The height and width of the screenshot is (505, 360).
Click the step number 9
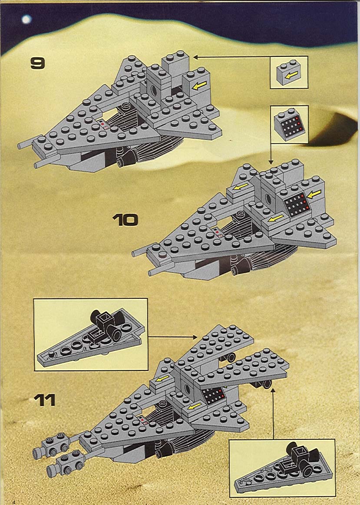coord(38,63)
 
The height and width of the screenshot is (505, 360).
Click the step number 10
coord(125,220)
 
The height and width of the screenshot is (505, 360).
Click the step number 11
coord(45,400)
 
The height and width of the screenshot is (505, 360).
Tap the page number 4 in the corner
coord(13,502)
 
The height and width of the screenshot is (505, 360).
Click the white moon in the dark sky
coord(26,20)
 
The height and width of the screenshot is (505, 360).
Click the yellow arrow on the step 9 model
coord(199,86)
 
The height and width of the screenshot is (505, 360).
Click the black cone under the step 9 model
coord(128,158)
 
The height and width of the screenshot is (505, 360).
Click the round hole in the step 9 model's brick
coord(154,90)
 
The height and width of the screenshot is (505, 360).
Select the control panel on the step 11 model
coord(213,395)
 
